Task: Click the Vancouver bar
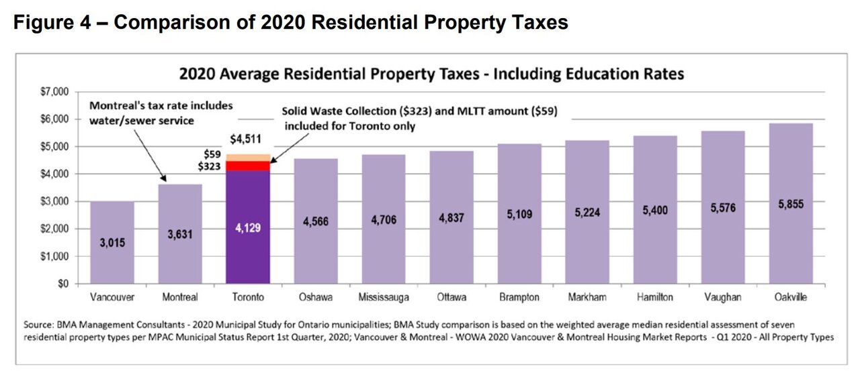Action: tap(112, 242)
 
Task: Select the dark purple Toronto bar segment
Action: tap(248, 227)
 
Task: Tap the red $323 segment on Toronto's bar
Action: tap(248, 166)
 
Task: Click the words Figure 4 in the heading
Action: tap(57, 23)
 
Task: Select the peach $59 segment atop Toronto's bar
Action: tap(248, 158)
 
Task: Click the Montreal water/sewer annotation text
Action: tap(161, 113)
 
